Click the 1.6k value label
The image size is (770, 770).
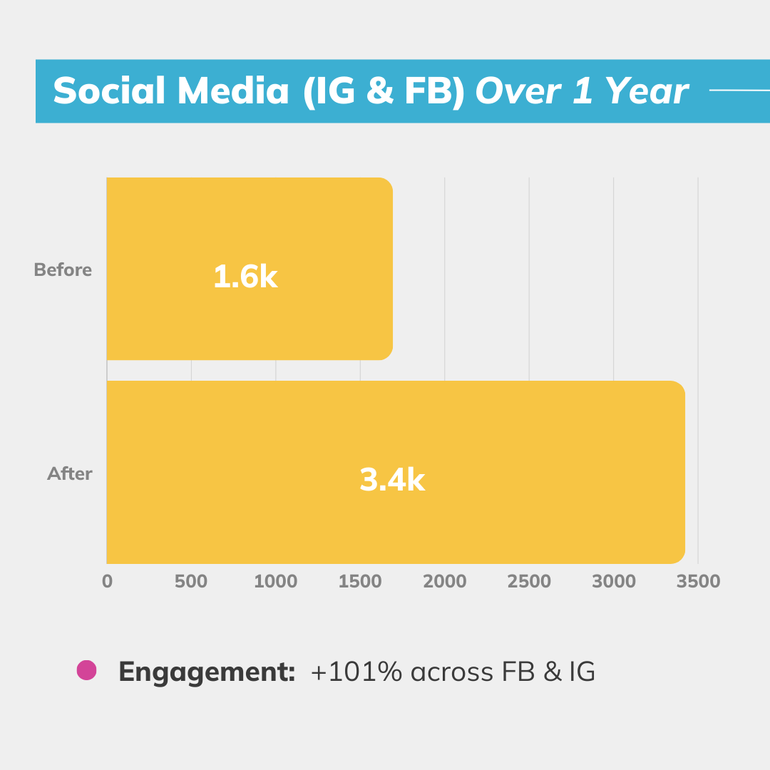pyautogui.click(x=245, y=276)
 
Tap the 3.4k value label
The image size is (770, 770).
pyautogui.click(x=392, y=479)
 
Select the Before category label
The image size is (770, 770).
pyautogui.click(x=63, y=269)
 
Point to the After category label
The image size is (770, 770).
pyautogui.click(x=70, y=473)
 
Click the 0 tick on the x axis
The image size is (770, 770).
pyautogui.click(x=107, y=581)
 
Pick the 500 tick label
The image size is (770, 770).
pyautogui.click(x=191, y=581)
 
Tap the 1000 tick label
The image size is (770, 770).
pyautogui.click(x=275, y=581)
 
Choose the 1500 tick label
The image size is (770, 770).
pyautogui.click(x=360, y=581)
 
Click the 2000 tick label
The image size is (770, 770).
pyautogui.click(x=444, y=581)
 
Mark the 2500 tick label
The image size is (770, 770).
pyautogui.click(x=529, y=581)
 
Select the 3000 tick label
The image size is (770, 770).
pyautogui.click(x=613, y=581)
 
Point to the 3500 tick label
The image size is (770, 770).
pyautogui.click(x=698, y=581)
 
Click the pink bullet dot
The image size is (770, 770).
pyautogui.click(x=86, y=670)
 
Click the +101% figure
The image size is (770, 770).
pyautogui.click(x=356, y=672)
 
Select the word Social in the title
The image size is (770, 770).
pyautogui.click(x=109, y=91)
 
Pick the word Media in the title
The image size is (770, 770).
pyautogui.click(x=232, y=91)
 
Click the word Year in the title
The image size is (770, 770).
pyautogui.click(x=647, y=91)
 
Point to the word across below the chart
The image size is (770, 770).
pyautogui.click(x=452, y=672)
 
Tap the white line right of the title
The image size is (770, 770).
pyautogui.click(x=739, y=91)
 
